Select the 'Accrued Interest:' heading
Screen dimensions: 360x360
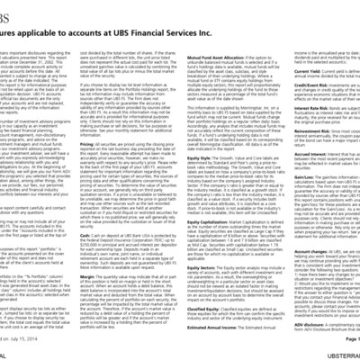(319, 166)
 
